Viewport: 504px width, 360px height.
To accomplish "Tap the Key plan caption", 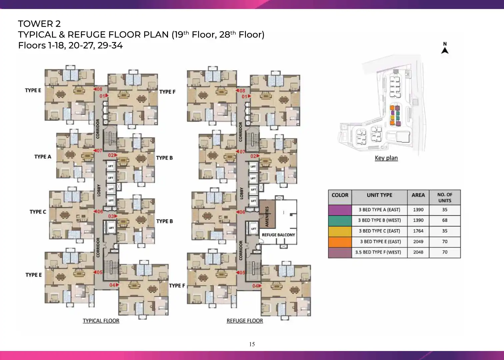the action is (386, 158).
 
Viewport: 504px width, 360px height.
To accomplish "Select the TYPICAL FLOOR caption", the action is (101, 321).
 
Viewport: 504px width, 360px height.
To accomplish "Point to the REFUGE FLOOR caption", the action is (245, 321).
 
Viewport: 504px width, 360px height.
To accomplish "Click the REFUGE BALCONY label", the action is (278, 235).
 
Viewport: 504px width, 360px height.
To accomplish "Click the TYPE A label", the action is (43, 157).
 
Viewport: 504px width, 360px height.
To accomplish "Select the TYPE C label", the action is (38, 212).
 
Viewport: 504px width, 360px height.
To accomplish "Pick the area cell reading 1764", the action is (418, 231).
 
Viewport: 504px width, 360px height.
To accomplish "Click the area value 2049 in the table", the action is (418, 242).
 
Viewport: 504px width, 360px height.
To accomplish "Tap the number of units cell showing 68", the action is (445, 220).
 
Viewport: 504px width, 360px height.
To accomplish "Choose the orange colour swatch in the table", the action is (340, 242).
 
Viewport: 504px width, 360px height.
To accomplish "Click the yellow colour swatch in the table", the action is (340, 232).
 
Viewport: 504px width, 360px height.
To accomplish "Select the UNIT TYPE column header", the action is (380, 195).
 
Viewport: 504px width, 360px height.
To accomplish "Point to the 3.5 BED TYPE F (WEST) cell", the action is (378, 252).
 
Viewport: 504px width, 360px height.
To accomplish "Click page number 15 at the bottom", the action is (252, 344).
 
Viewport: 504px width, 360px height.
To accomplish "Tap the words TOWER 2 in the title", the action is (39, 24).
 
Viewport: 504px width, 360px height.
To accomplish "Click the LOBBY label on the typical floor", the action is (99, 191).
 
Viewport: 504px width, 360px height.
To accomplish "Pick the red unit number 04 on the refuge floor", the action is (257, 286).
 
